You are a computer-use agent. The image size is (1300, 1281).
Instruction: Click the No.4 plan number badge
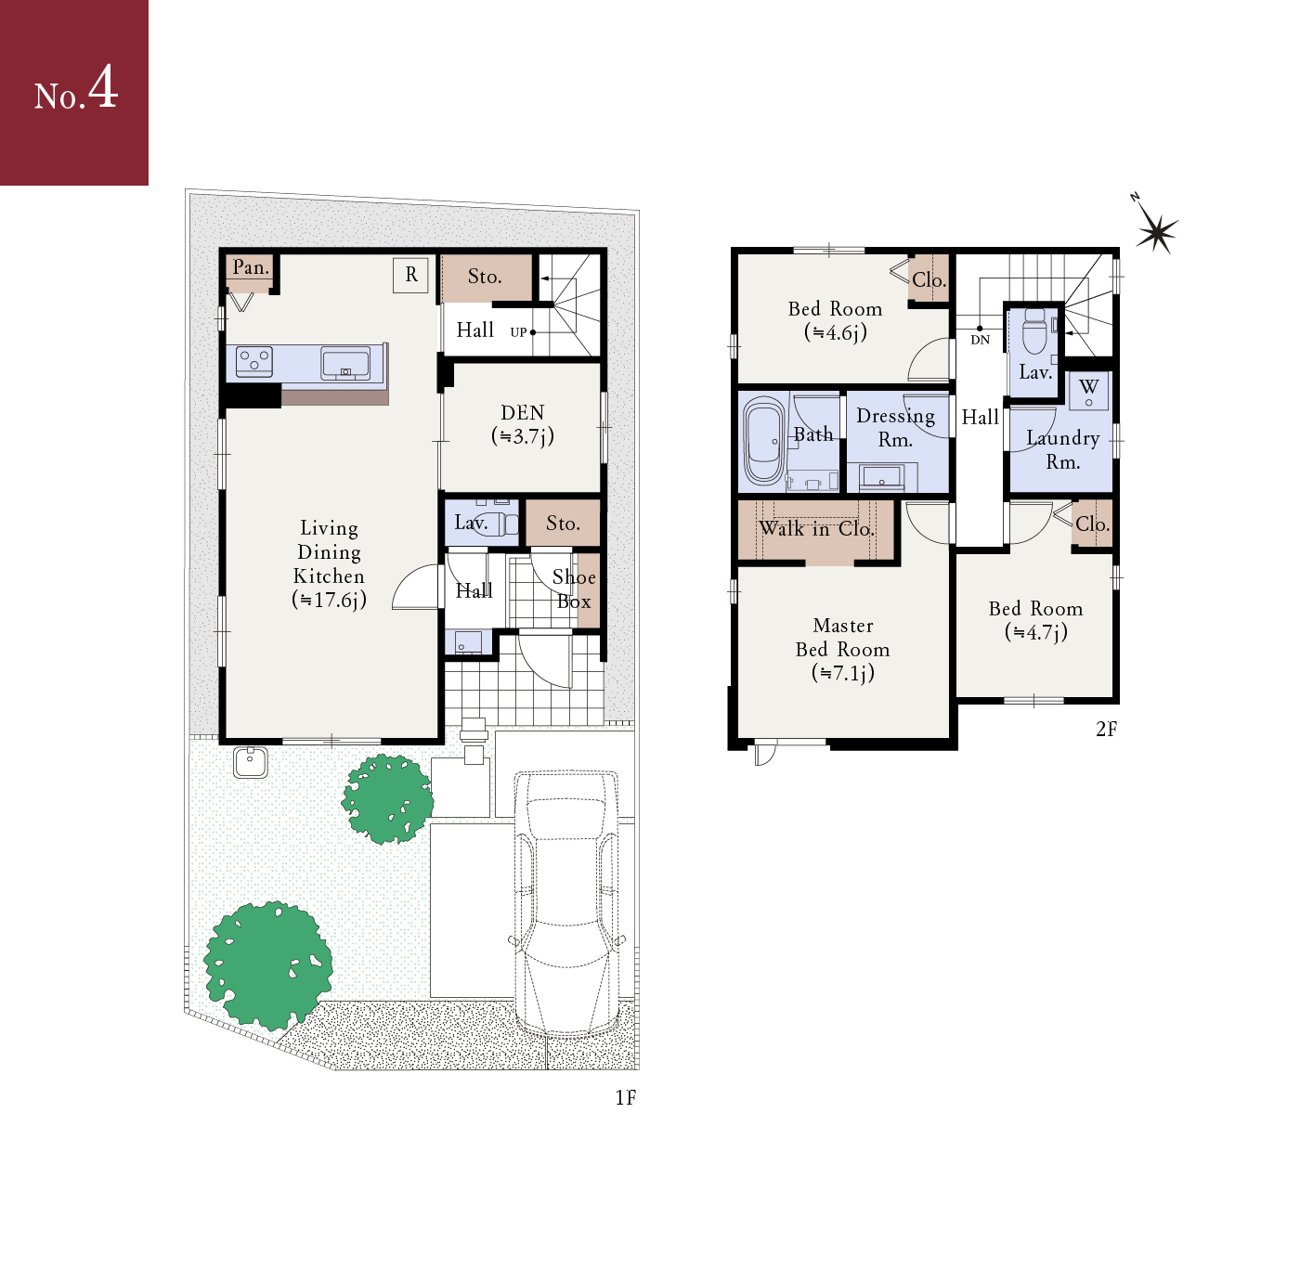(74, 93)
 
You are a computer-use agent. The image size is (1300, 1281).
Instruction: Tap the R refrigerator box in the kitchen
(410, 275)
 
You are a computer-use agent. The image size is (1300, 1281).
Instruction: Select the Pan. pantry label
(251, 267)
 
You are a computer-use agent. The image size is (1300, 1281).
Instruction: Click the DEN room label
(522, 412)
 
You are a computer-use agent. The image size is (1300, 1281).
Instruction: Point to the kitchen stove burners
(254, 361)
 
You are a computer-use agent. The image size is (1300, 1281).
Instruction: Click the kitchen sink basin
(344, 363)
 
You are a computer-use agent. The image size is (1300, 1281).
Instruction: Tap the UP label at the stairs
(518, 332)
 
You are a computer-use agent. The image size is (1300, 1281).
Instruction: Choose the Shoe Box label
(574, 589)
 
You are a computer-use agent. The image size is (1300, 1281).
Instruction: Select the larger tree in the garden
(267, 965)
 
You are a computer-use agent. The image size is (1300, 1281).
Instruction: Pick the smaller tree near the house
(387, 798)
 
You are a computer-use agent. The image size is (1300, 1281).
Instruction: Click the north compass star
(1156, 232)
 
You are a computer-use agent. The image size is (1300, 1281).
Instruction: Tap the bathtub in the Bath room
(763, 441)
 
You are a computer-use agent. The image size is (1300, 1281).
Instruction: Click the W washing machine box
(1088, 391)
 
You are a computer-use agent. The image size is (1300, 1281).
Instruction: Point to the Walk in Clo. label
(816, 528)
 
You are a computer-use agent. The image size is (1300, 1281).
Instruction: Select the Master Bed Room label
(842, 649)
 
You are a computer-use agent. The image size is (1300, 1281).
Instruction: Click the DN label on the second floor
(981, 340)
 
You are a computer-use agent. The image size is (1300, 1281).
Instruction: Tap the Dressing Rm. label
(896, 428)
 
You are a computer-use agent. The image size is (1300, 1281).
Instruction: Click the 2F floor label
(1106, 730)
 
